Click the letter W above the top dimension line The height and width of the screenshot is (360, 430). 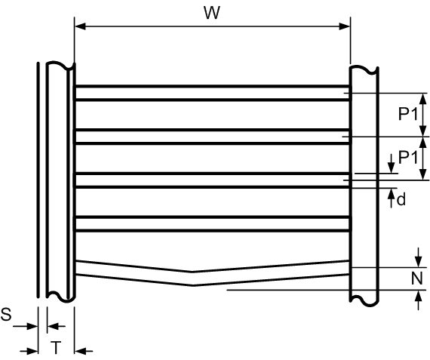pos(212,13)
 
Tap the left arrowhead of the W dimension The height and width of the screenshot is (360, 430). pos(80,26)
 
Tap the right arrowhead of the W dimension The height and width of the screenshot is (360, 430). pos(345,26)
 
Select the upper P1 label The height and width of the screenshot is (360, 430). pos(408,114)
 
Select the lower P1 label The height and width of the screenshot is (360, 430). pos(408,157)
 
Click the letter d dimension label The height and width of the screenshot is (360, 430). pos(401,200)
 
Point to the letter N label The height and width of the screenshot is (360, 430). pos(417,278)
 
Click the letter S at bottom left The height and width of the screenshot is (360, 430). pos(6,314)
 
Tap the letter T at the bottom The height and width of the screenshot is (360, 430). pos(56,347)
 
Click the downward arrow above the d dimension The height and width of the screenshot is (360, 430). pos(391,164)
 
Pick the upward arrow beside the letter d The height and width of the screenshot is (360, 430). pos(391,198)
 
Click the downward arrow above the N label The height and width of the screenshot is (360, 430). pos(418,257)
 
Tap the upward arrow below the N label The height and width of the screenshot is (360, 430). pos(418,300)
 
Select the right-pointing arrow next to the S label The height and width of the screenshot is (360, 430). pos(25,327)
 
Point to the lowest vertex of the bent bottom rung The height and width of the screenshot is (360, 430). pos(193,285)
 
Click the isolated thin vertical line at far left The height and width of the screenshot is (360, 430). pos(38,180)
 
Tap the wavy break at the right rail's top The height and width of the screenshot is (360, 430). pos(364,69)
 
